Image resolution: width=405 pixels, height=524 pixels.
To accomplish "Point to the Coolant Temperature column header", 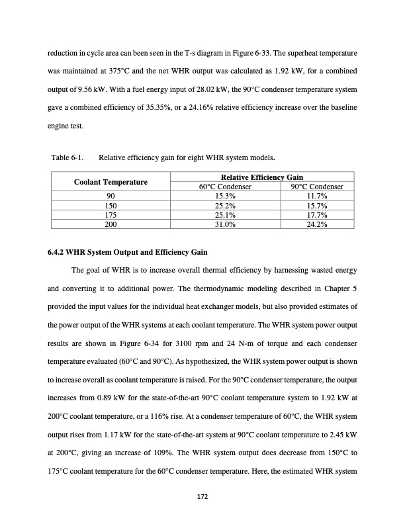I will (111, 181).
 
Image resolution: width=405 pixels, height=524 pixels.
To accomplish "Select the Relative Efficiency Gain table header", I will (262, 177).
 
